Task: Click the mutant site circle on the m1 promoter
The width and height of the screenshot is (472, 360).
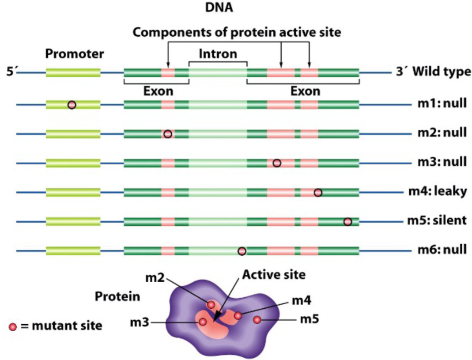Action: (x=72, y=105)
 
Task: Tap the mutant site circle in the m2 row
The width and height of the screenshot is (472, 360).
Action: (x=167, y=134)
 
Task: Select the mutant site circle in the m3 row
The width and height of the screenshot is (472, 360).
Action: (x=277, y=163)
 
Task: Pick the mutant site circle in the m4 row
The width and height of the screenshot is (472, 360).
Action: (x=318, y=192)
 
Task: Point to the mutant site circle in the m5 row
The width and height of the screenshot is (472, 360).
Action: (x=347, y=221)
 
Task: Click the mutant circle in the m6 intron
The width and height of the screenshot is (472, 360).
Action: (x=242, y=251)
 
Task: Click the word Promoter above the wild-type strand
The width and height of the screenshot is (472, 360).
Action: (x=74, y=54)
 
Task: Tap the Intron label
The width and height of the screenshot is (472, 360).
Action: (x=218, y=54)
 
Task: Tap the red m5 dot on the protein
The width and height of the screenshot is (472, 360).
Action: (x=257, y=319)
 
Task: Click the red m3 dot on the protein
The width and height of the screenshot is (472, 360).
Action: (x=202, y=322)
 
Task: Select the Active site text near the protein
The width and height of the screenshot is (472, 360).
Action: (x=273, y=275)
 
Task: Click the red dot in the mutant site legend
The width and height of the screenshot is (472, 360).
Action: (x=13, y=326)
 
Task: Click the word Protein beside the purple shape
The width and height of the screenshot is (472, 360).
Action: (x=117, y=296)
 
